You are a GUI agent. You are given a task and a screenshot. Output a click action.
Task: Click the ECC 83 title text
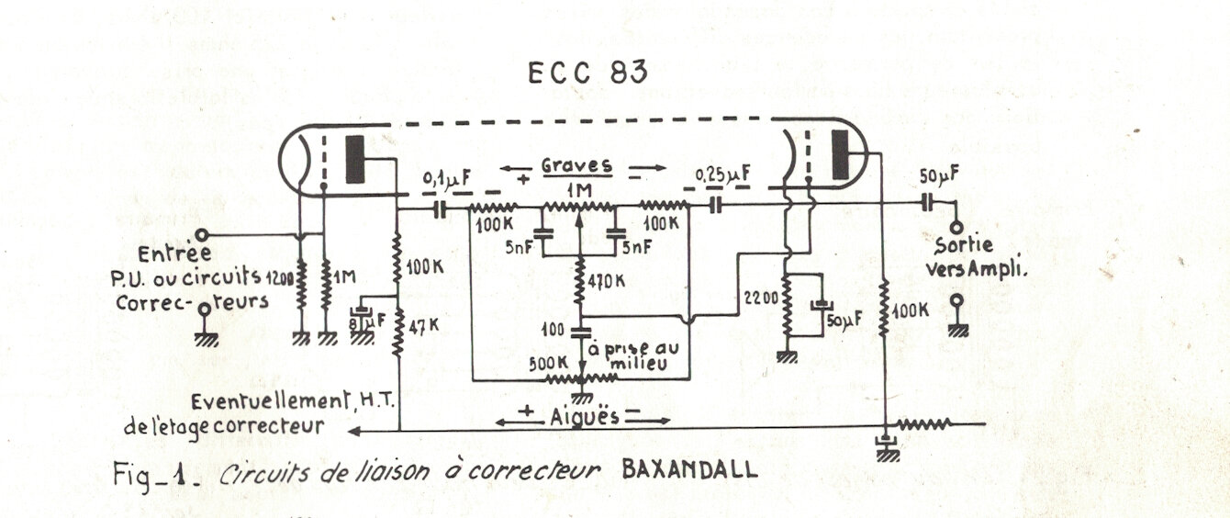tap(587, 73)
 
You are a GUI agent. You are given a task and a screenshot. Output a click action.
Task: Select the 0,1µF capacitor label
tap(445, 175)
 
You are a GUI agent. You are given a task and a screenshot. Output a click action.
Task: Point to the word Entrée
tap(174, 253)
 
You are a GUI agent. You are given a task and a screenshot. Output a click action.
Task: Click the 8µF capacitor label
tap(364, 321)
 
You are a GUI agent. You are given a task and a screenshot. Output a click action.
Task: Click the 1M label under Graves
tap(578, 190)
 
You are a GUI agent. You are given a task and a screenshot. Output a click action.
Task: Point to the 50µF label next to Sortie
tap(938, 175)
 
